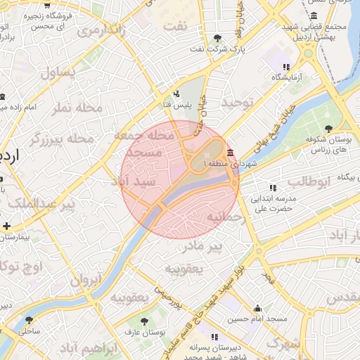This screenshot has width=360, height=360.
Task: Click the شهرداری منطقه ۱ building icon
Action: (231, 153)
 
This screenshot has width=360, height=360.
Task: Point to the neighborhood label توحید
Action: (237, 103)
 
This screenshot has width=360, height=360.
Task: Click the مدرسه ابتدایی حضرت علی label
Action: (277, 204)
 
